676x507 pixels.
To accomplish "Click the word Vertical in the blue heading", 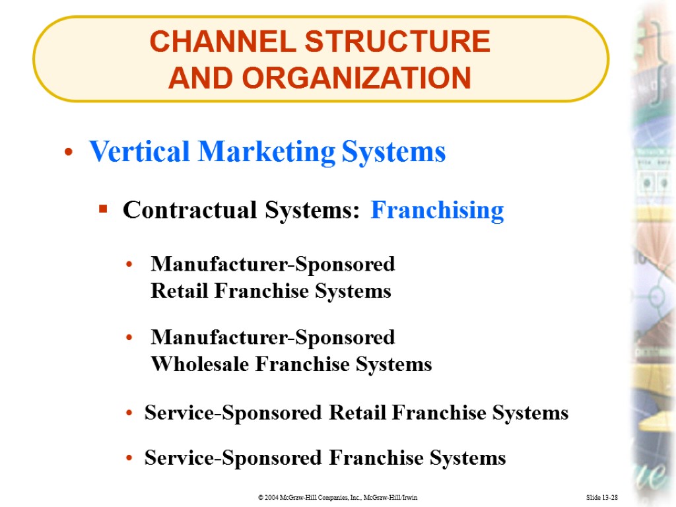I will (139, 152).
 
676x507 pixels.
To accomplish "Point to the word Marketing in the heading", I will (266, 152).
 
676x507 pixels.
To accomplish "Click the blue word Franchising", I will (437, 211).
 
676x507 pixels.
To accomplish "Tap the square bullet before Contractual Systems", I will (102, 211).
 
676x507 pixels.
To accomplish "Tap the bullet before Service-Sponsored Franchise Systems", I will (131, 458).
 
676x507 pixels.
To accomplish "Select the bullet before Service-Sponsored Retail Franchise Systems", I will (131, 414).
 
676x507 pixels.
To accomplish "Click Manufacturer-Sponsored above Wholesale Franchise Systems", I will (273, 337).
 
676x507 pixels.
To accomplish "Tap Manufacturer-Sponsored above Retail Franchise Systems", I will (273, 264).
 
